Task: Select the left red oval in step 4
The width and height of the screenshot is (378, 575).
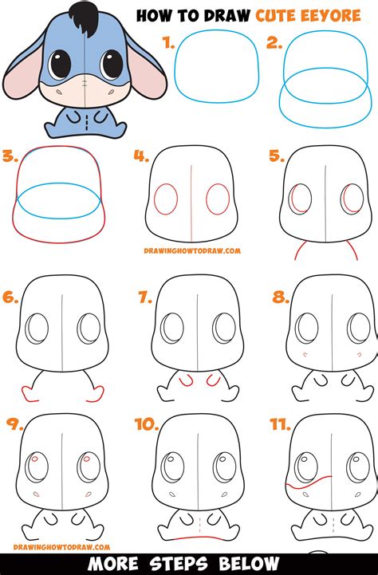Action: [x=166, y=199]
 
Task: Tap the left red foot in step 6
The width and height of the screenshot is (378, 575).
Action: [x=31, y=393]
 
